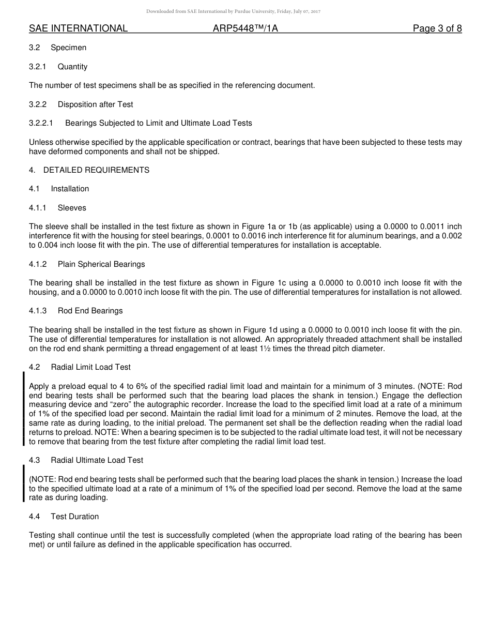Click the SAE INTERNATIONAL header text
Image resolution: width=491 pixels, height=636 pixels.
[x=78, y=28]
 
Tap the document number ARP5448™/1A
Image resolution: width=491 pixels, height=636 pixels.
[x=245, y=28]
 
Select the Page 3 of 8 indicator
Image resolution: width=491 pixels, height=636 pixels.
[x=437, y=28]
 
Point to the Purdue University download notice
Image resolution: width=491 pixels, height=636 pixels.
[x=233, y=11]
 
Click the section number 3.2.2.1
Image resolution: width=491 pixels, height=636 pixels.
[x=41, y=123]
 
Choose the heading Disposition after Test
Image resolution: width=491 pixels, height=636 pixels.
[x=95, y=104]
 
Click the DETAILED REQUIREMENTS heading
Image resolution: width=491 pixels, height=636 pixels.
[x=96, y=170]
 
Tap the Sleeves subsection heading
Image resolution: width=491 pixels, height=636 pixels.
[x=72, y=208]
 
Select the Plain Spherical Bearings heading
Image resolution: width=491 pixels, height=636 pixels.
[x=101, y=264]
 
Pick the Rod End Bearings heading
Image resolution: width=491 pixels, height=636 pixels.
[x=90, y=311]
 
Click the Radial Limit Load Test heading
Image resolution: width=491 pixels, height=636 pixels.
[x=90, y=367]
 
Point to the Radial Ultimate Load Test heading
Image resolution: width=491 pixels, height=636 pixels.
[x=97, y=460]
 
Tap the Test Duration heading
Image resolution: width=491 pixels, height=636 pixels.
[x=74, y=517]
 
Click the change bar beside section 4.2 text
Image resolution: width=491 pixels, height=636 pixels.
[x=24, y=408]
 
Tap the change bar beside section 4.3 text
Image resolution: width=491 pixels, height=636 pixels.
[x=24, y=483]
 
